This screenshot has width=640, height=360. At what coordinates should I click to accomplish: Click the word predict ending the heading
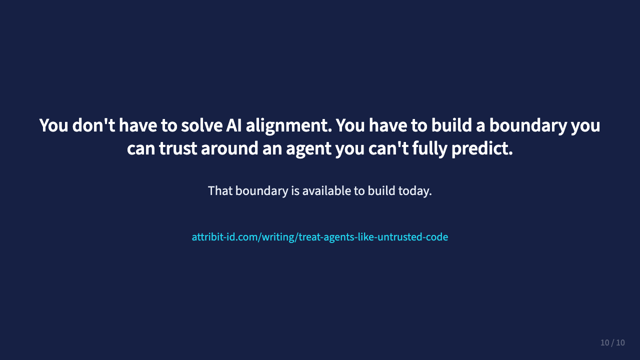(x=482, y=149)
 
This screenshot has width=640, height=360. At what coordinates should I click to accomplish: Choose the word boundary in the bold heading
(x=528, y=125)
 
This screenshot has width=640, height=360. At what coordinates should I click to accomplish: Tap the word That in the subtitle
(x=219, y=191)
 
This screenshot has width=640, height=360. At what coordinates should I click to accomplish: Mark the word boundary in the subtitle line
(x=261, y=191)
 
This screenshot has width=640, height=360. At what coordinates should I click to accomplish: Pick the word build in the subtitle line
(x=381, y=191)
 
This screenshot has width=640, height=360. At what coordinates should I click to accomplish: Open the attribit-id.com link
(x=320, y=237)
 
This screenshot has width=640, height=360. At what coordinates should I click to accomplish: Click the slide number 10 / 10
(x=612, y=343)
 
